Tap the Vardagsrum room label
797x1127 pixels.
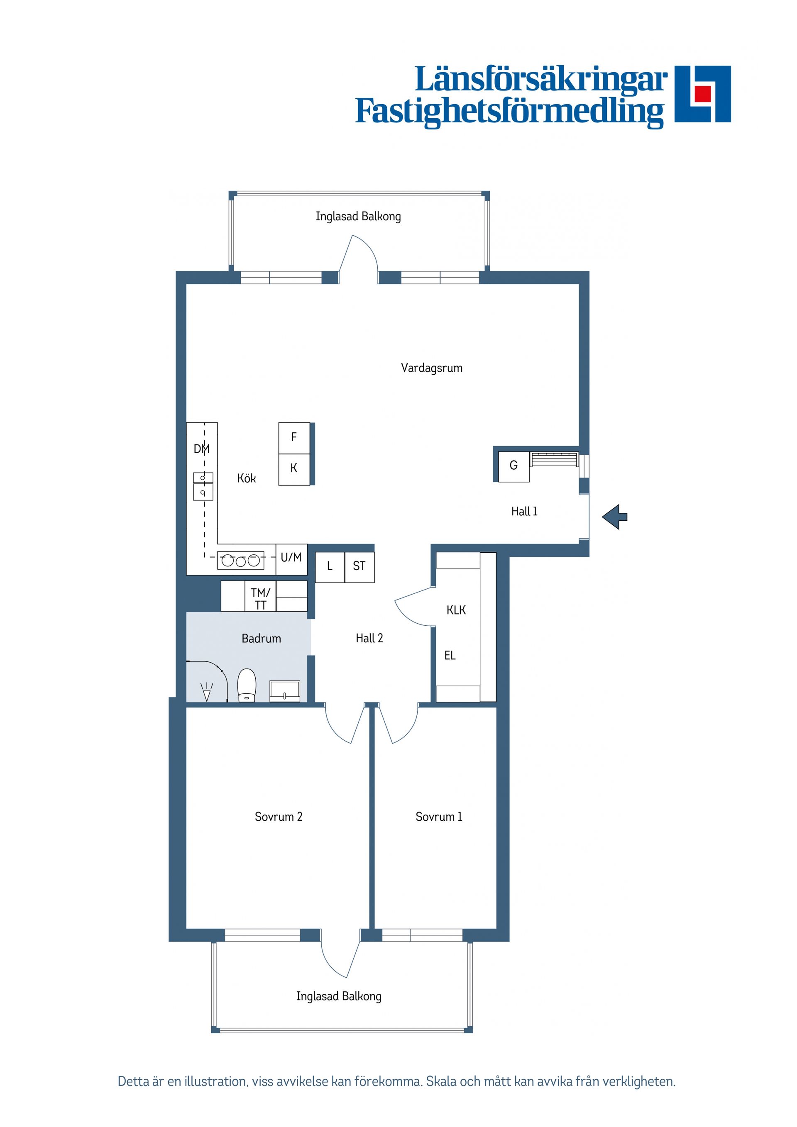pos(432,368)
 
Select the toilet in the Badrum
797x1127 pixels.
pos(247,685)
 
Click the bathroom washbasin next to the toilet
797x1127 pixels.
pos(285,691)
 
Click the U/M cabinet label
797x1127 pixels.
pos(291,557)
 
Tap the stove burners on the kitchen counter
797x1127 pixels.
pos(240,560)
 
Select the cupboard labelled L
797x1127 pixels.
pos(330,567)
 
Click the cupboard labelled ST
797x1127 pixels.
pos(359,567)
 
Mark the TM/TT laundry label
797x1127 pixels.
pos(260,599)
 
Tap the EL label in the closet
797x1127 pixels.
pos(450,655)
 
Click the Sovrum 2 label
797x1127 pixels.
pos(279,817)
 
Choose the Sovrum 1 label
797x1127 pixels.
pos(439,817)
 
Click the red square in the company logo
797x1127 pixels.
pos(703,93)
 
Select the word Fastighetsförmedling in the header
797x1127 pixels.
pos(510,112)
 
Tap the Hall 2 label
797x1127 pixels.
pos(369,638)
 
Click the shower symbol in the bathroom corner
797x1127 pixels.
pos(207,692)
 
